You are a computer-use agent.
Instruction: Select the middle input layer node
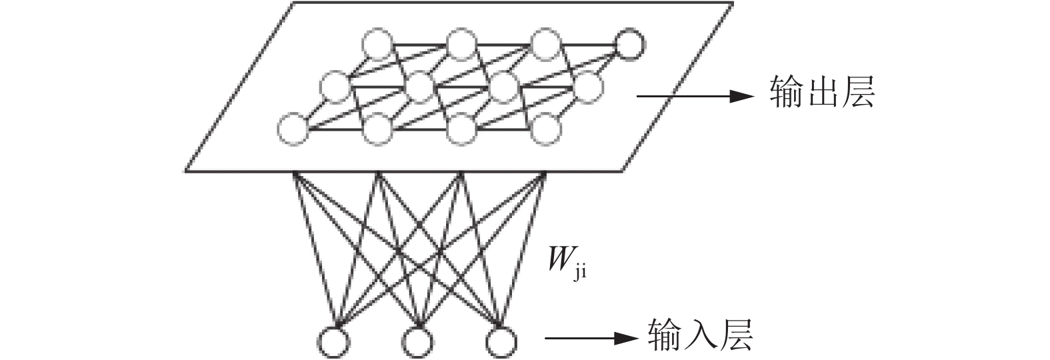point(417,342)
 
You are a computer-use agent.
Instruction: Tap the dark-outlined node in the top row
point(629,44)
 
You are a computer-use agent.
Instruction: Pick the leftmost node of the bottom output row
point(293,129)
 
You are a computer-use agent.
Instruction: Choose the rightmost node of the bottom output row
point(545,129)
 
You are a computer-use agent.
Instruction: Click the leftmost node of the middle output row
point(335,87)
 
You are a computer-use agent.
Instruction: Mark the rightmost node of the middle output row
point(587,87)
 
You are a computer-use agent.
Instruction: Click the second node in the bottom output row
point(378,129)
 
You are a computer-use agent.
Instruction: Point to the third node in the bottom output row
point(461,129)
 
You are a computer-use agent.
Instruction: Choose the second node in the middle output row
point(421,87)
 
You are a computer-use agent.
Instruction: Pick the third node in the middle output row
point(504,87)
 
